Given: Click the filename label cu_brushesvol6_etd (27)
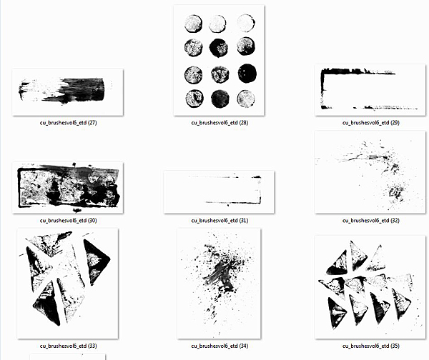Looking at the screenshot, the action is (x=68, y=123).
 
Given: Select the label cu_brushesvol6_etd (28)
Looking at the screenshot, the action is (x=220, y=123).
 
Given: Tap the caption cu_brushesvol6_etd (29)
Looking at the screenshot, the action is (x=370, y=123).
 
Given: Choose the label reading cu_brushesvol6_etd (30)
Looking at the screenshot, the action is (x=68, y=220).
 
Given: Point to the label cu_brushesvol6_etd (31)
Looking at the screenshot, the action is (x=220, y=220).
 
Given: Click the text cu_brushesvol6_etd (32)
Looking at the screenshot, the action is (x=370, y=220).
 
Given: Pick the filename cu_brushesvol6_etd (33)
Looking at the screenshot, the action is (x=68, y=346).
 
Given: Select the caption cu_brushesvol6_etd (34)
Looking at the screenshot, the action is (x=220, y=346).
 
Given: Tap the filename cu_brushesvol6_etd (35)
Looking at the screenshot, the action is (x=370, y=346).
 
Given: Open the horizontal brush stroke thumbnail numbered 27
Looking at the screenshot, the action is (x=68, y=92).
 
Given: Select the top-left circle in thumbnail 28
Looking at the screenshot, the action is (x=194, y=24).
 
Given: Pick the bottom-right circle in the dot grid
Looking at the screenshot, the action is (x=246, y=99).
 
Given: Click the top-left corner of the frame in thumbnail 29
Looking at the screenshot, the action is (x=322, y=71).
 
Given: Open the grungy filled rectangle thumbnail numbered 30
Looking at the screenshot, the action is (x=68, y=188).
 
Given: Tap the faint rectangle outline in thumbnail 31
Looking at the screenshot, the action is (x=260, y=190).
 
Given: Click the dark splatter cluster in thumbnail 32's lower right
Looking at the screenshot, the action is (x=397, y=193).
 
